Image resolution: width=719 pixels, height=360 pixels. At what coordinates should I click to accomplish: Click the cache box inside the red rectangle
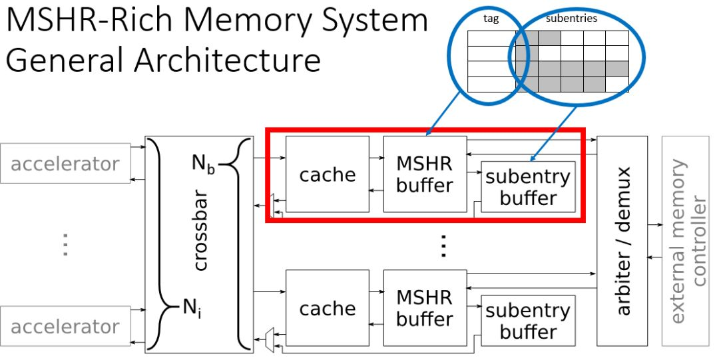(x=327, y=175)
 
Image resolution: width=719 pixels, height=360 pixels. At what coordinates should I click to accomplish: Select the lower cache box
(x=327, y=309)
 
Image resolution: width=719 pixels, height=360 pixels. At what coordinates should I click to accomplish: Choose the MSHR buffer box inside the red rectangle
(x=424, y=174)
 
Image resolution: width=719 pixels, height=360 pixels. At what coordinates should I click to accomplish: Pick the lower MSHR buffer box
(x=424, y=307)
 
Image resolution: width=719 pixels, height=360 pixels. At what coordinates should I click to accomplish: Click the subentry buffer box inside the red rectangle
(x=528, y=187)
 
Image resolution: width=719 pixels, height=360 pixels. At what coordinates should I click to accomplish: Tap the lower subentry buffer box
(x=528, y=321)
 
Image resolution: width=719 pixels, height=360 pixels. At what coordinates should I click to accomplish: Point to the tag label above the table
(x=491, y=19)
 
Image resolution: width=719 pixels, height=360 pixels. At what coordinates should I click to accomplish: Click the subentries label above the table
(x=571, y=19)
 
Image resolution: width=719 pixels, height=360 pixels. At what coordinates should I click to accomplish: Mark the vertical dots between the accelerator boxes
(x=65, y=245)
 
